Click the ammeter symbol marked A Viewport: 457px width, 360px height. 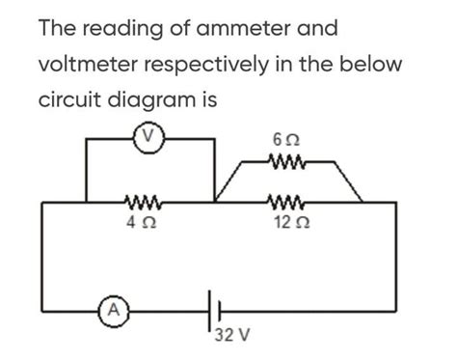[x=113, y=311]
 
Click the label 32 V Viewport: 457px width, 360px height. [x=231, y=337]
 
